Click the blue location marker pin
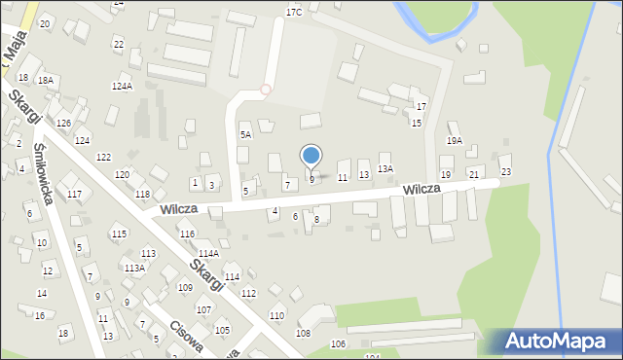coord(311,157)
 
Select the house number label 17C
coord(294,12)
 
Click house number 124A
coord(122,87)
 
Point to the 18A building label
coord(45,80)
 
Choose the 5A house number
coord(246,134)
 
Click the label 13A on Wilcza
coord(385,169)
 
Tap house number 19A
coord(455,141)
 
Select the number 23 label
coord(505,171)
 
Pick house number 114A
coord(209,254)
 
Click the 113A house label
coord(135,268)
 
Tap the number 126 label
coord(63,123)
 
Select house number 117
coord(74,195)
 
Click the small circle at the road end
coord(266,90)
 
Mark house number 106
coord(338,344)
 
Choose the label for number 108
coord(303,334)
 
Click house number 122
coord(103,158)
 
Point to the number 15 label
coord(416,124)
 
